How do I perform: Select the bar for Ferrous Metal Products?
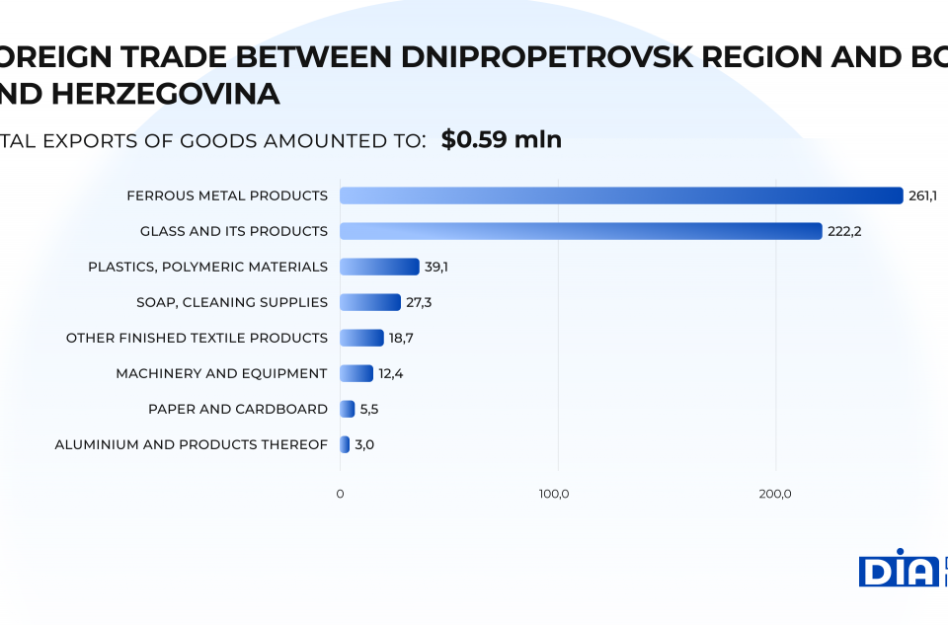621,195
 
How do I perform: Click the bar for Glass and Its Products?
581,231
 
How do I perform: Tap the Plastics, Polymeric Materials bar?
379,267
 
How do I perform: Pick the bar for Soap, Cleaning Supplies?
370,302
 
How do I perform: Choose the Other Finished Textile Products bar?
361,338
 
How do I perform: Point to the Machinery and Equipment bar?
356,373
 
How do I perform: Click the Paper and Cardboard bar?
348,409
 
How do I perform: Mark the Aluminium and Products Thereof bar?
345,444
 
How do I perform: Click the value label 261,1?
922,195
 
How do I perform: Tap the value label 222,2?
844,231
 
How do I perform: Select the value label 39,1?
436,267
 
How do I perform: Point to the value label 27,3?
419,302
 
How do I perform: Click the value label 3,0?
364,444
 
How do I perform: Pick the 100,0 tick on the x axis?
554,494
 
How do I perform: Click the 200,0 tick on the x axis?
775,494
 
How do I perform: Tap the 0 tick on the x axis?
341,494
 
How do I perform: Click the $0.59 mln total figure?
502,139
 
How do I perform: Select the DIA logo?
898,569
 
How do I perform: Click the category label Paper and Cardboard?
238,409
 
